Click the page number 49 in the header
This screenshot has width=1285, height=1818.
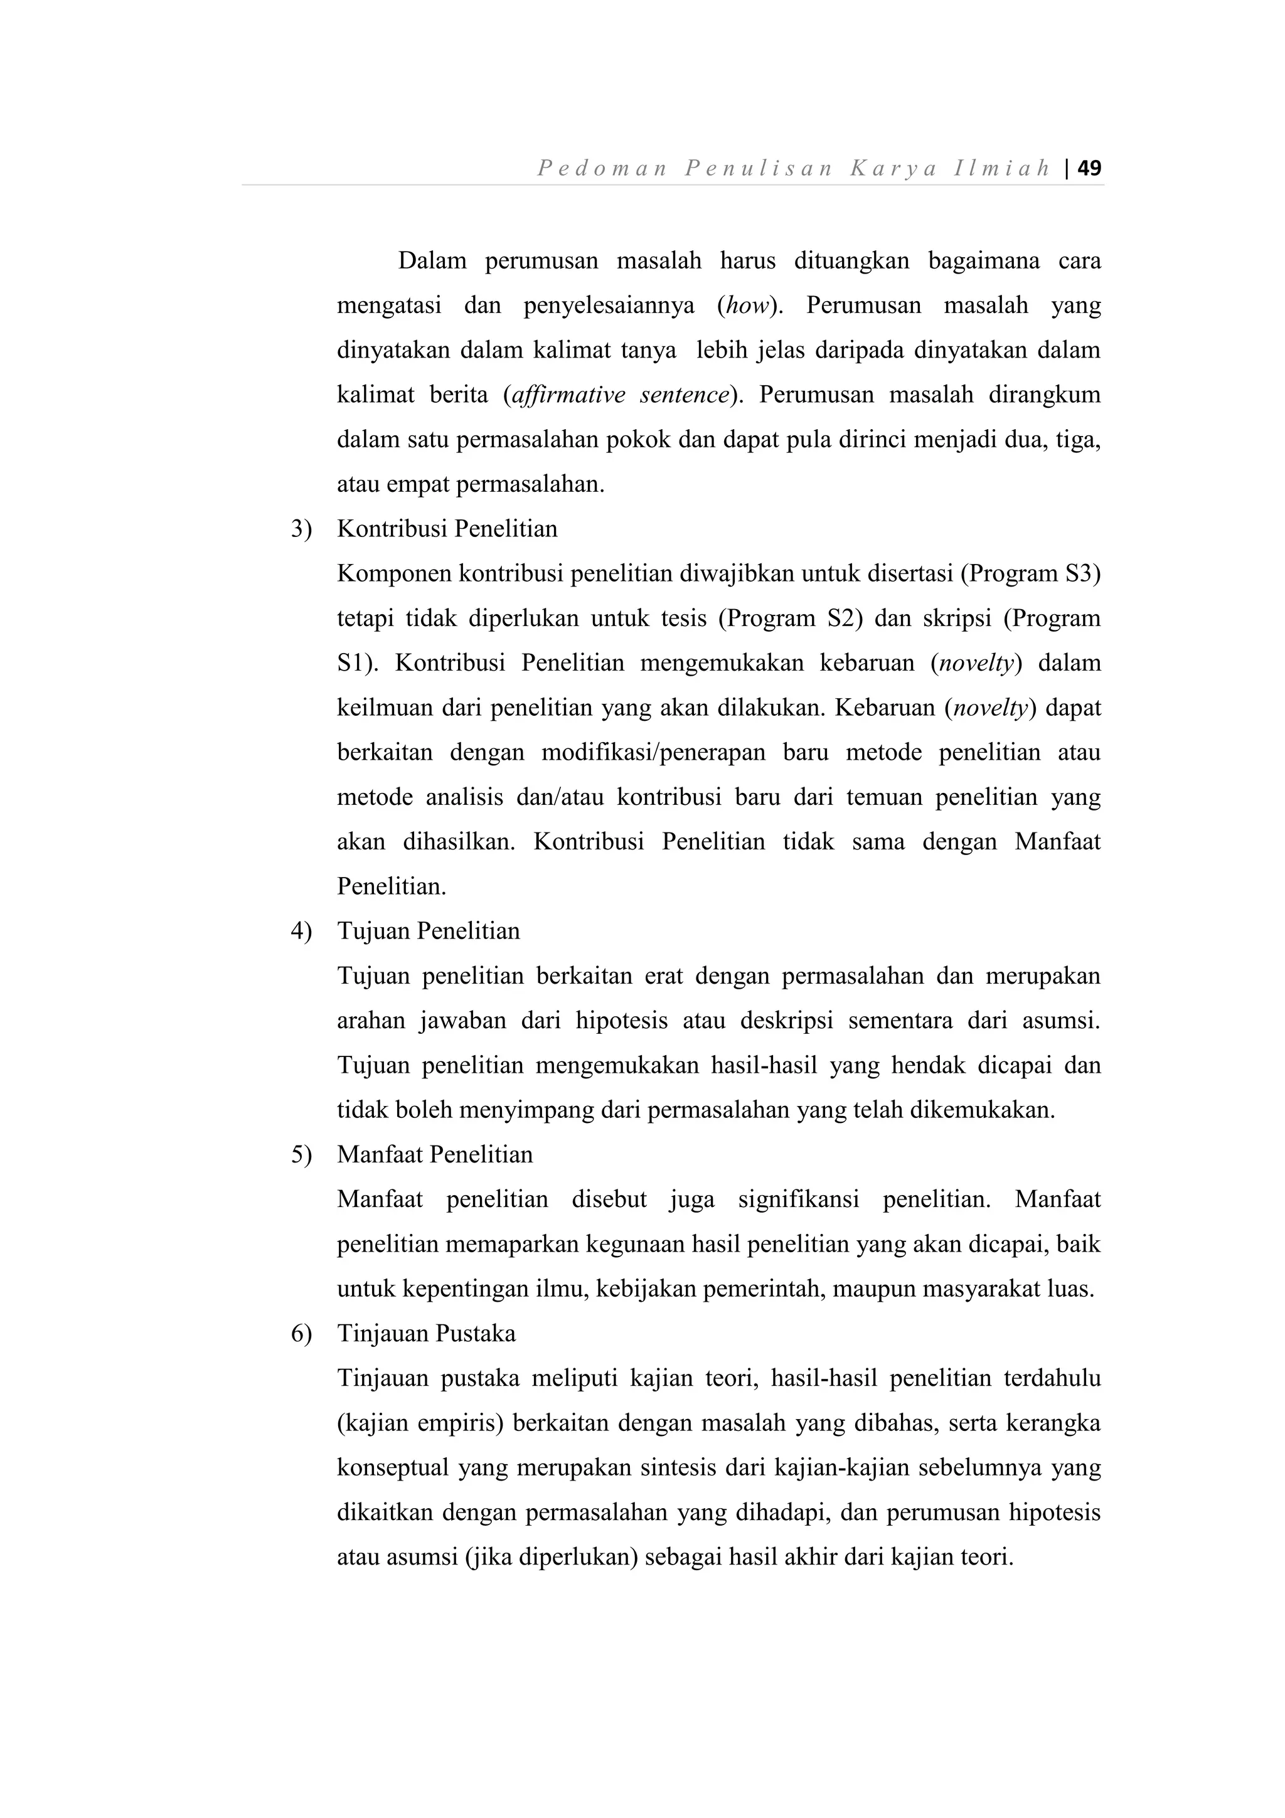click(1089, 168)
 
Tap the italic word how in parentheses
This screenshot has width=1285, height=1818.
click(747, 306)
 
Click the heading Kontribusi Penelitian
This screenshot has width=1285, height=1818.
click(447, 529)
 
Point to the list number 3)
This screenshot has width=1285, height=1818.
click(302, 529)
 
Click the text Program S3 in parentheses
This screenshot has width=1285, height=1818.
click(1031, 573)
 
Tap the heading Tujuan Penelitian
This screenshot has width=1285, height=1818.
click(429, 930)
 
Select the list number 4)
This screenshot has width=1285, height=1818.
click(302, 930)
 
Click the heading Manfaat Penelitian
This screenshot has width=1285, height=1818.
click(435, 1154)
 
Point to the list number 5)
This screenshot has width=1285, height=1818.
click(302, 1154)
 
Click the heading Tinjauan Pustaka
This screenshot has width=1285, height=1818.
click(426, 1334)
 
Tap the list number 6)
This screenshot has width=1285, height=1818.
click(302, 1334)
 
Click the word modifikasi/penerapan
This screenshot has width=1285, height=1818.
click(653, 752)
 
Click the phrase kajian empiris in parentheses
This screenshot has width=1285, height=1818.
click(420, 1423)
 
